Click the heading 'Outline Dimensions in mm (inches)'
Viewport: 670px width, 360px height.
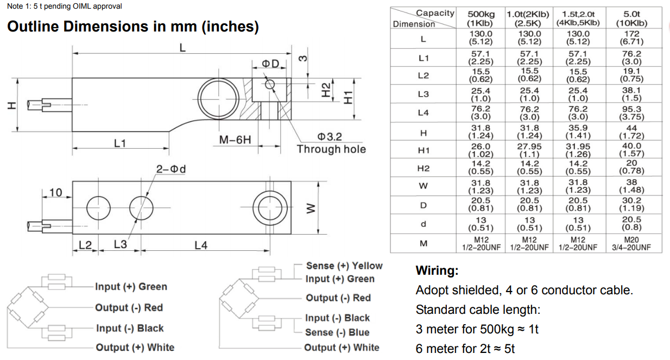(x=132, y=27)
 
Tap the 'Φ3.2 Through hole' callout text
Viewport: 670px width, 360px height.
(x=331, y=143)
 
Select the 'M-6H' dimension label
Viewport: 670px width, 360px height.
(x=235, y=140)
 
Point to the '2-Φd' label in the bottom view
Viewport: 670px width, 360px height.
(x=171, y=169)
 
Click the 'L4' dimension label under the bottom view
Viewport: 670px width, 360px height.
(x=201, y=245)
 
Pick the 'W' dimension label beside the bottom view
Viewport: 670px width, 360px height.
(x=309, y=209)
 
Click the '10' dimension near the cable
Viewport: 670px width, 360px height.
(x=55, y=192)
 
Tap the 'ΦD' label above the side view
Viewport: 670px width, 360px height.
(x=270, y=64)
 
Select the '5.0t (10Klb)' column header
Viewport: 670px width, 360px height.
(x=631, y=18)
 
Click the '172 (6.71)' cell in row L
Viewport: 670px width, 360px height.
(x=631, y=37)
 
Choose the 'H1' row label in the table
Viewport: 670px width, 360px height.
(x=424, y=150)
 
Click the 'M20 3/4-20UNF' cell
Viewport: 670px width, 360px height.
(x=631, y=243)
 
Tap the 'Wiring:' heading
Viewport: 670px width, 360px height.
(x=437, y=270)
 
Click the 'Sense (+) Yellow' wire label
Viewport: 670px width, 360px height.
(x=344, y=266)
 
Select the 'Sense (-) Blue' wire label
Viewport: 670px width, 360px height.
(x=337, y=332)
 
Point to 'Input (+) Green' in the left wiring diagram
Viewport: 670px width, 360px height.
(x=131, y=287)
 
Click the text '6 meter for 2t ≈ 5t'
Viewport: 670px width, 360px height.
(x=465, y=349)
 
